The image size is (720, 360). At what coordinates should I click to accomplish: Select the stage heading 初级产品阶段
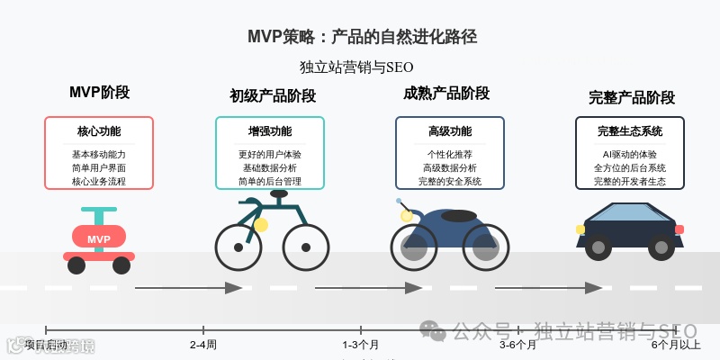click(x=273, y=96)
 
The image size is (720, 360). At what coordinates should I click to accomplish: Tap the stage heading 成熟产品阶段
click(x=446, y=94)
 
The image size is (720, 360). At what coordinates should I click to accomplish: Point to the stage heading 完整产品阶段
click(x=632, y=97)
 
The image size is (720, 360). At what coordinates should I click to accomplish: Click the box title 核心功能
click(x=99, y=131)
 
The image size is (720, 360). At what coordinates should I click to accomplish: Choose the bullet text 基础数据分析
click(x=270, y=167)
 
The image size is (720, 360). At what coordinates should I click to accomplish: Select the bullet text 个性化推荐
click(x=450, y=154)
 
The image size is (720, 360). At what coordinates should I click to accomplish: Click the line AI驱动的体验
click(x=630, y=154)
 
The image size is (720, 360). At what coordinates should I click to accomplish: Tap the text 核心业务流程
click(x=99, y=181)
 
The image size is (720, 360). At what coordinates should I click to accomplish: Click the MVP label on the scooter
click(x=99, y=239)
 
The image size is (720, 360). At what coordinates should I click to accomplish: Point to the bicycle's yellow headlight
click(x=261, y=225)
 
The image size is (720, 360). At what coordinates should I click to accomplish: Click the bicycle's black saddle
click(x=279, y=193)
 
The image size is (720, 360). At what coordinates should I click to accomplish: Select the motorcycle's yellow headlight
click(x=407, y=216)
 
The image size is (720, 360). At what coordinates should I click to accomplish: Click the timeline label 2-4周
click(x=203, y=345)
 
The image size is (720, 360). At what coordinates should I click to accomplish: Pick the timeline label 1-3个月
click(x=361, y=345)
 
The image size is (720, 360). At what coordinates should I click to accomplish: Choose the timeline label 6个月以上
click(x=676, y=345)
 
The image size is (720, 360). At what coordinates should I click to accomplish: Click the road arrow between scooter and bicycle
click(x=189, y=288)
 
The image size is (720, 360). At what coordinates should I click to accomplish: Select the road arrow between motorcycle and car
click(x=549, y=288)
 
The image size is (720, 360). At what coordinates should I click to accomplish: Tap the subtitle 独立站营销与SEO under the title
click(x=356, y=67)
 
